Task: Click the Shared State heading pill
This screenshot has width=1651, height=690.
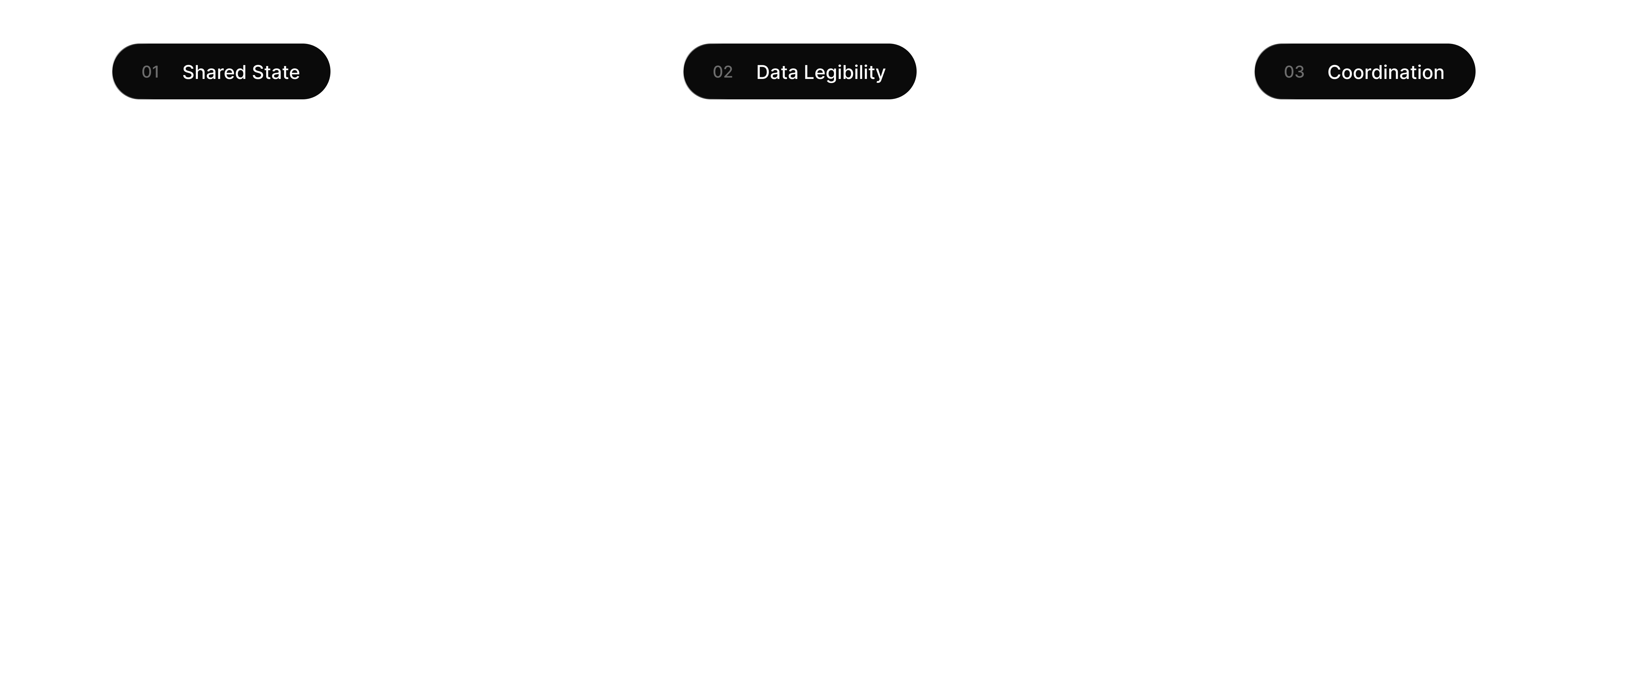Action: click(x=221, y=72)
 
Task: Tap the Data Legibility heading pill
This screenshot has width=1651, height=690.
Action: click(x=799, y=72)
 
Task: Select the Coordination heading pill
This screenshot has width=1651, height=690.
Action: click(x=1364, y=72)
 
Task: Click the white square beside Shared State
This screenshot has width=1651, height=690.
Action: click(x=66, y=67)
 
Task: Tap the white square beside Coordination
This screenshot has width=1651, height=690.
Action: click(x=1208, y=67)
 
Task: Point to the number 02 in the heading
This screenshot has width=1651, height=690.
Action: click(x=722, y=72)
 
